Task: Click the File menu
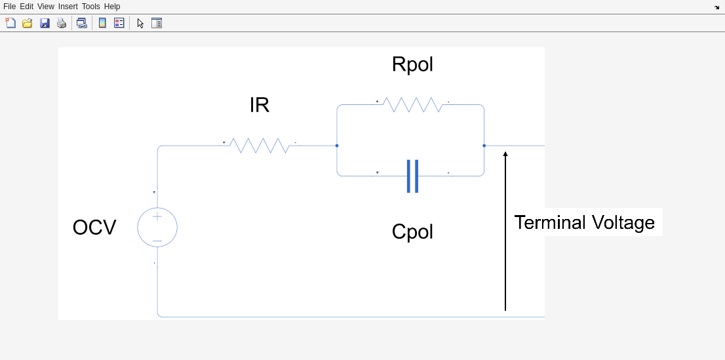9,7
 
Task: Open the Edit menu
26,7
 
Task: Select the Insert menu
68,7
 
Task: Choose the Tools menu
90,7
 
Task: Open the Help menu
112,7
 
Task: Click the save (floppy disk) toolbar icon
45,23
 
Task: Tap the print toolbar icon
62,23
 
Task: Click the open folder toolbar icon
28,23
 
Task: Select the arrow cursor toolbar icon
140,23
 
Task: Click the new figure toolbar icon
10,23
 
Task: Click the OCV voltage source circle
157,228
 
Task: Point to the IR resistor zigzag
260,146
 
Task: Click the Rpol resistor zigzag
412,105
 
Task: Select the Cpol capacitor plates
412,176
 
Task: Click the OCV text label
94,228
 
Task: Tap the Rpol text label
412,64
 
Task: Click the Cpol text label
412,231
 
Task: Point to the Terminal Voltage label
584,222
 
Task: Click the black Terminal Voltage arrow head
505,155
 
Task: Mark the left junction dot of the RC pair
337,146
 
